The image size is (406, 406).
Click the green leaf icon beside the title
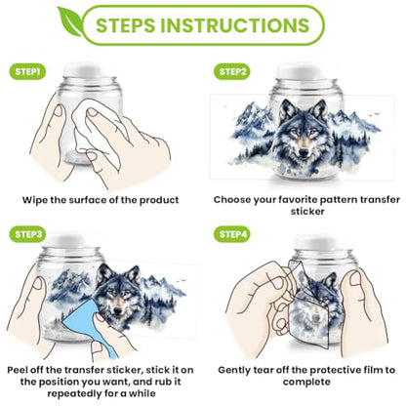70,21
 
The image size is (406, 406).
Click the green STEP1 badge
27,72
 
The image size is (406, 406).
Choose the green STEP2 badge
232,72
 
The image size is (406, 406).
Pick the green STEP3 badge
27,234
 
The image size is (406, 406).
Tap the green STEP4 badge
232,234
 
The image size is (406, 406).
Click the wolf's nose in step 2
304,152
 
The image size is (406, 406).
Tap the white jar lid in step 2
297,71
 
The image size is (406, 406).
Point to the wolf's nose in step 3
118,311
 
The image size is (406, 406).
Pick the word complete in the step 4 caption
306,382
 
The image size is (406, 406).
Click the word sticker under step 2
307,212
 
